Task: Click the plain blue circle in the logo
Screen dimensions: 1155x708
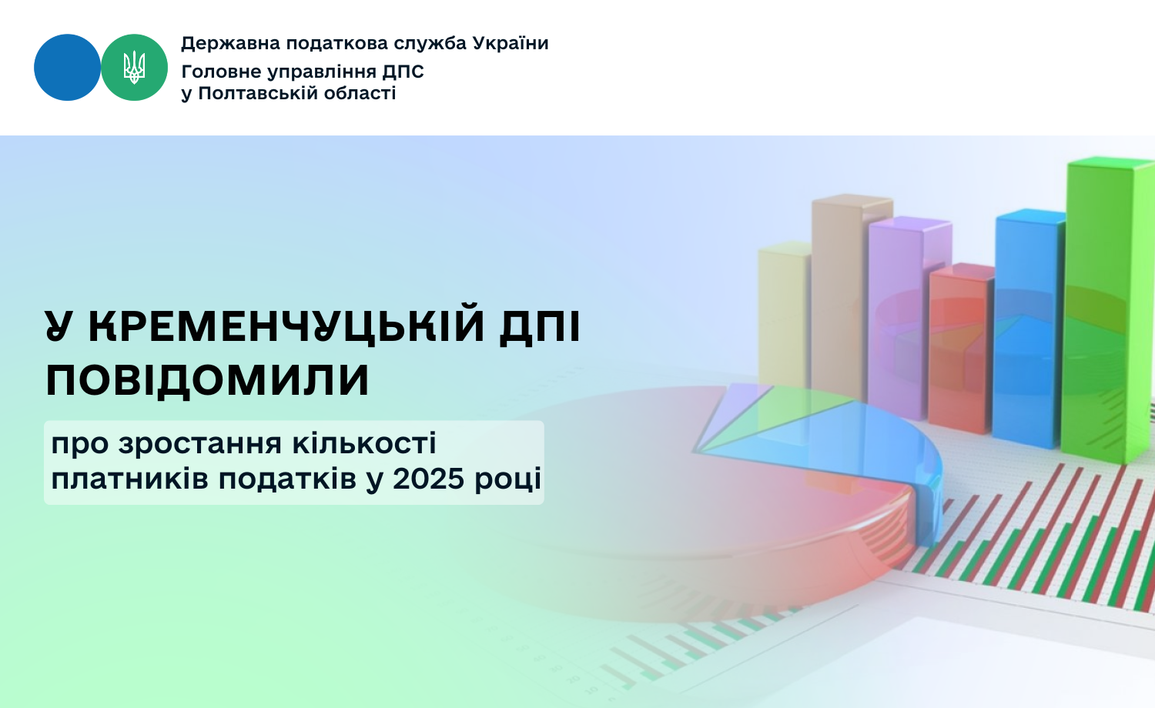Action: pyautogui.click(x=67, y=68)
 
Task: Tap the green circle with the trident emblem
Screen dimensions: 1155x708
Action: pyautogui.click(x=134, y=68)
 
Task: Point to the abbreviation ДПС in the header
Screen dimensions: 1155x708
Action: pyautogui.click(x=403, y=72)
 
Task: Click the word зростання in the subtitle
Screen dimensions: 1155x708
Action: pyautogui.click(x=200, y=445)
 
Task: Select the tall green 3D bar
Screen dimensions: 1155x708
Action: pyautogui.click(x=1109, y=309)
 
